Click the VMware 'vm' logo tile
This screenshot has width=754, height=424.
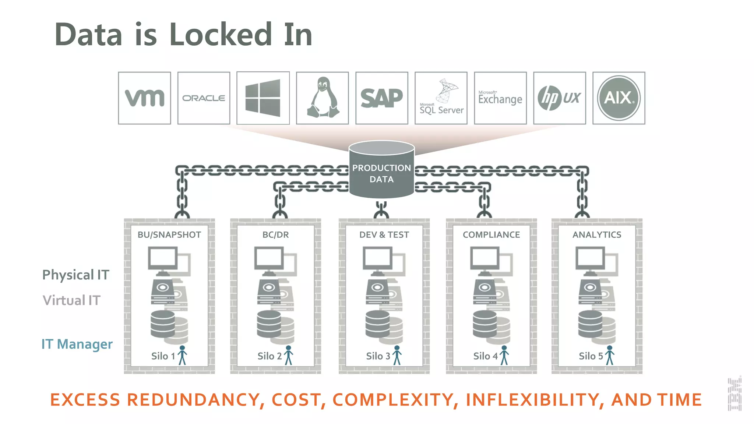(144, 98)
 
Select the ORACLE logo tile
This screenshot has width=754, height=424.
(204, 98)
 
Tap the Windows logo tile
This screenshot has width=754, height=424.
(263, 98)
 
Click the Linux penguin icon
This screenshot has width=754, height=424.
(323, 98)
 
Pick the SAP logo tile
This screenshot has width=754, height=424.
(382, 98)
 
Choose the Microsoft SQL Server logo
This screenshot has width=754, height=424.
(441, 98)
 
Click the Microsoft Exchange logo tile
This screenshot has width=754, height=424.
(500, 98)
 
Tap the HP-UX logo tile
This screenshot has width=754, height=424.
(560, 98)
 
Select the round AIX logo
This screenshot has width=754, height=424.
(619, 98)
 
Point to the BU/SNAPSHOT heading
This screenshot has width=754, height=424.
(169, 235)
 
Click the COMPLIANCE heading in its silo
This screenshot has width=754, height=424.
(491, 235)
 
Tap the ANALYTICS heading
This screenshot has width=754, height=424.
(597, 235)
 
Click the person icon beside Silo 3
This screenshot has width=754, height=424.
(397, 355)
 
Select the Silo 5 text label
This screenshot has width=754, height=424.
(591, 356)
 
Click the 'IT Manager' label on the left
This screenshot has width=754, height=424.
(77, 344)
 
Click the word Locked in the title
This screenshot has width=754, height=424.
(221, 35)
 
